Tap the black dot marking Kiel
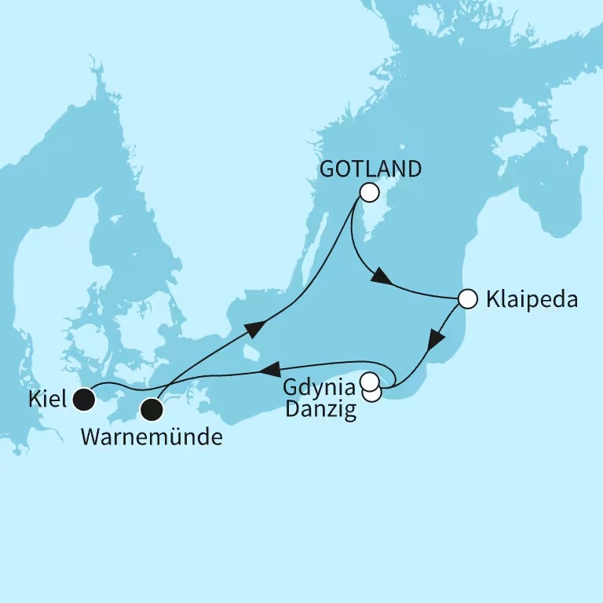coord(82,401)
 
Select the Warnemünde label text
coord(152,436)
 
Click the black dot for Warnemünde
coord(152,408)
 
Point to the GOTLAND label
coord(371,168)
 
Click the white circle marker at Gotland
coord(369,192)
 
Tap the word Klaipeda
coord(532,299)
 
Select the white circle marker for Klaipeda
coord(467,298)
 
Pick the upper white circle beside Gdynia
coord(368,383)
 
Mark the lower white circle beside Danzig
coord(372,393)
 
